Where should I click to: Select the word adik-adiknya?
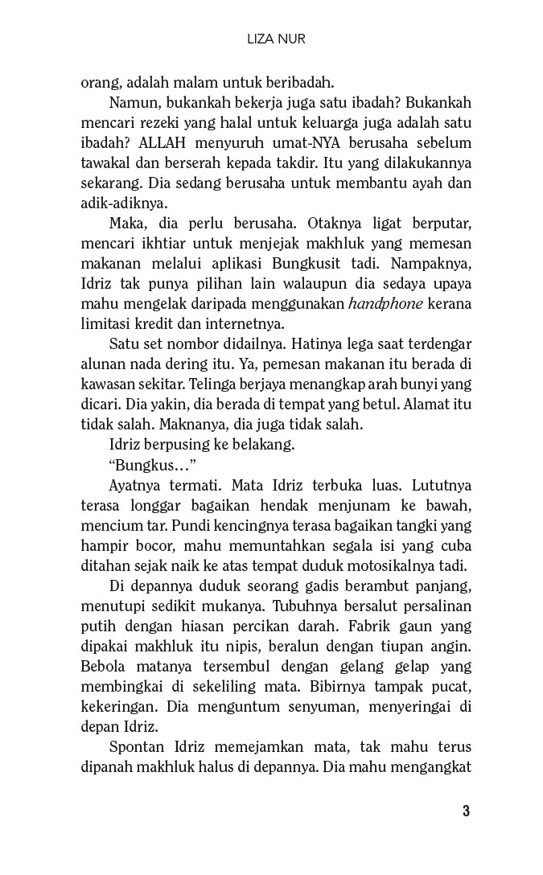click(113, 202)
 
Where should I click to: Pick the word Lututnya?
click(439, 486)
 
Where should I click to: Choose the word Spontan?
click(135, 746)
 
